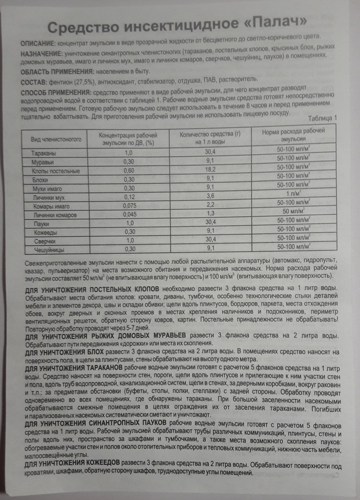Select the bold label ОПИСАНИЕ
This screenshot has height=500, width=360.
point(37,43)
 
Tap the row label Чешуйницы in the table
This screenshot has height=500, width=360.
point(42,249)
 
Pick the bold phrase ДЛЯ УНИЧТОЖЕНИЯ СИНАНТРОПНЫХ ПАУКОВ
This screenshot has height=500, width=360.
point(96,422)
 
